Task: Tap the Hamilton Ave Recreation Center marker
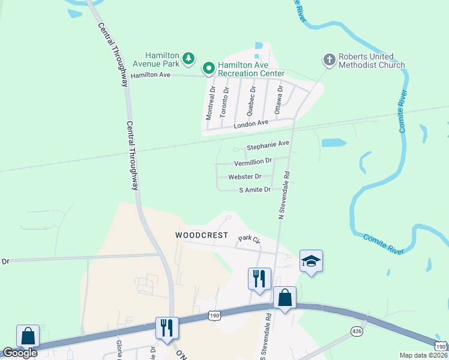coord(209,68)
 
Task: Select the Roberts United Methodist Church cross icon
coord(329,60)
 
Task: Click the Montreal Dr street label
coord(211,102)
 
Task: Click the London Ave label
coord(251,123)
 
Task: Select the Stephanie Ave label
coord(268,144)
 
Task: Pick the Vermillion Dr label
coord(253,161)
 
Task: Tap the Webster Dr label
coord(244,176)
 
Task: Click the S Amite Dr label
coord(255,190)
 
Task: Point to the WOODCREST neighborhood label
coord(201,235)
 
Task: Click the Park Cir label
coord(249,239)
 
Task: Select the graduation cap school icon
coord(311,260)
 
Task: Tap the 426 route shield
coord(357,331)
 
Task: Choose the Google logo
coord(20,353)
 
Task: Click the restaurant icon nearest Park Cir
coord(259,278)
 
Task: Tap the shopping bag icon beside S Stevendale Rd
coord(285,298)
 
